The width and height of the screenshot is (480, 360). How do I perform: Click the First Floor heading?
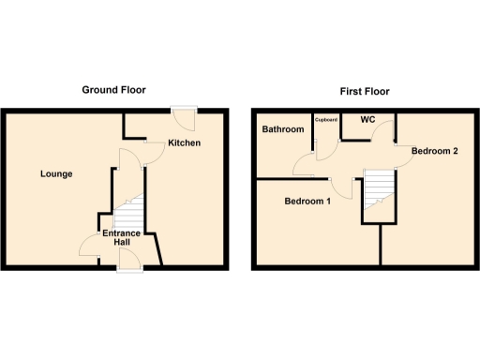[365, 92]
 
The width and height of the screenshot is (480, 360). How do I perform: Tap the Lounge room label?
[56, 174]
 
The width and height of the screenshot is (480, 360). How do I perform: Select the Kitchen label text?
[184, 143]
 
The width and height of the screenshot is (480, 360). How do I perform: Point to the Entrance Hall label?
[122, 238]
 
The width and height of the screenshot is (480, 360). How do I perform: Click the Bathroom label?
[282, 129]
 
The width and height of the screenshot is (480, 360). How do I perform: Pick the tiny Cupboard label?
[325, 120]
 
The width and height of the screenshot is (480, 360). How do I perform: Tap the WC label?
[367, 121]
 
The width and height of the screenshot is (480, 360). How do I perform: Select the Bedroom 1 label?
[307, 201]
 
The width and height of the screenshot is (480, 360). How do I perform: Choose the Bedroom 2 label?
[434, 152]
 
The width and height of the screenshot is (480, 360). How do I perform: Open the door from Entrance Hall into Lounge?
[91, 247]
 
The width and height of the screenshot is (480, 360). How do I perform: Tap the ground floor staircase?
[131, 212]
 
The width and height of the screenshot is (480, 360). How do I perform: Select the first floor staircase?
[377, 187]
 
